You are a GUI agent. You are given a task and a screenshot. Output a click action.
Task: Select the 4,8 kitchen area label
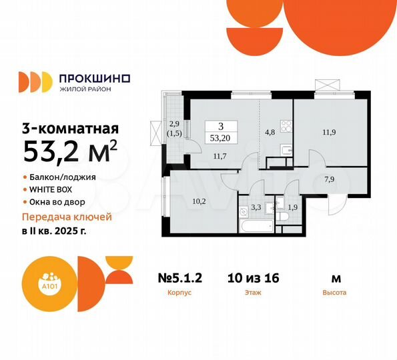tap(270, 132)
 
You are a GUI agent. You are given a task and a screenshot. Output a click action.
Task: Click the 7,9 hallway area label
tap(329, 179)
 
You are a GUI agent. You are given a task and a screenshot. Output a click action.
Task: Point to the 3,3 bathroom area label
tap(256, 207)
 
